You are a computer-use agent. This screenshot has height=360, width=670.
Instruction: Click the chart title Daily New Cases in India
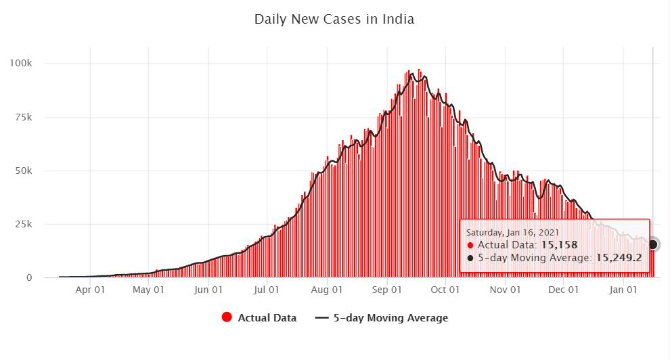[334, 19]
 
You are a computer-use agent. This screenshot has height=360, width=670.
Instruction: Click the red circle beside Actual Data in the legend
[227, 317]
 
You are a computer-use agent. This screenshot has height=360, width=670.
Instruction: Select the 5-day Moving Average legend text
[390, 317]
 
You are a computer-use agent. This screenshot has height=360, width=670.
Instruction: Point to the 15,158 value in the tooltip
[558, 245]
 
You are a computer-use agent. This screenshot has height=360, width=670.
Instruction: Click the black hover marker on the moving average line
[652, 244]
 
